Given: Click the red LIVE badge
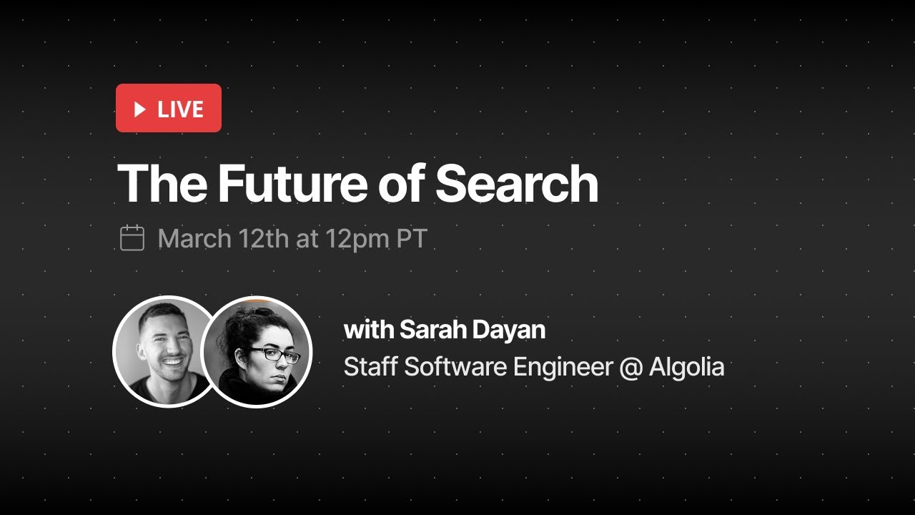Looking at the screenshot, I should [x=169, y=108].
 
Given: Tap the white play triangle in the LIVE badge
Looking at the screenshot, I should [x=140, y=109].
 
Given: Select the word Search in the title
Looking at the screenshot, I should [x=516, y=184].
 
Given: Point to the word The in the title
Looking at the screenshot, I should [x=163, y=184].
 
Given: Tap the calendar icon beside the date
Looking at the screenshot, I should [x=132, y=238].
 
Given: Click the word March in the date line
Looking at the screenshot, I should [x=194, y=239].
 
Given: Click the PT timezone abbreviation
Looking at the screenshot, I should [x=412, y=239].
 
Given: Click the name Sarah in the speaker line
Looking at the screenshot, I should [x=427, y=330].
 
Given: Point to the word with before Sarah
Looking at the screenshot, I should [x=367, y=330].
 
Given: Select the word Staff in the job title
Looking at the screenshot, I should [x=371, y=367].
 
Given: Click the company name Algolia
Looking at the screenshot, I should [x=687, y=368].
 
